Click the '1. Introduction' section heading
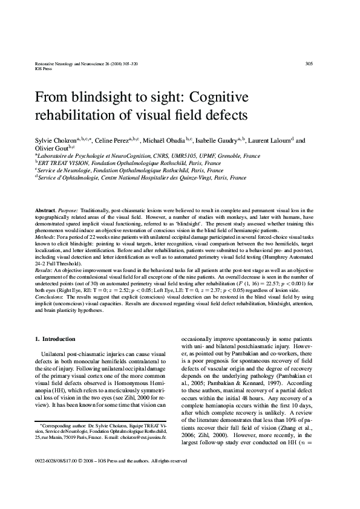tap(55, 339)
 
